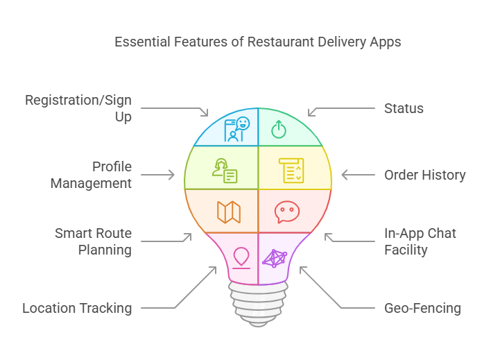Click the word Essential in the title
[x=142, y=42]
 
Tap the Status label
[x=404, y=108]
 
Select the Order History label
[x=424, y=175]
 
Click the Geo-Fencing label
[x=422, y=308]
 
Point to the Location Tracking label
[x=77, y=308]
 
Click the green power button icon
[x=278, y=130]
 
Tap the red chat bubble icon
[x=287, y=212]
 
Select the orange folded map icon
[x=229, y=212]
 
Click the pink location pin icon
[x=241, y=258]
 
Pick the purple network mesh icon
[x=275, y=259]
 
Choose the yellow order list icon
[x=291, y=170]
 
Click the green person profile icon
[x=225, y=170]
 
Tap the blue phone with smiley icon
[x=236, y=129]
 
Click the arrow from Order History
[x=359, y=175]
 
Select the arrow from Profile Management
[x=158, y=175]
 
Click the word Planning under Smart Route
[x=105, y=250]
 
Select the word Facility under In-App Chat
[x=406, y=250]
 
